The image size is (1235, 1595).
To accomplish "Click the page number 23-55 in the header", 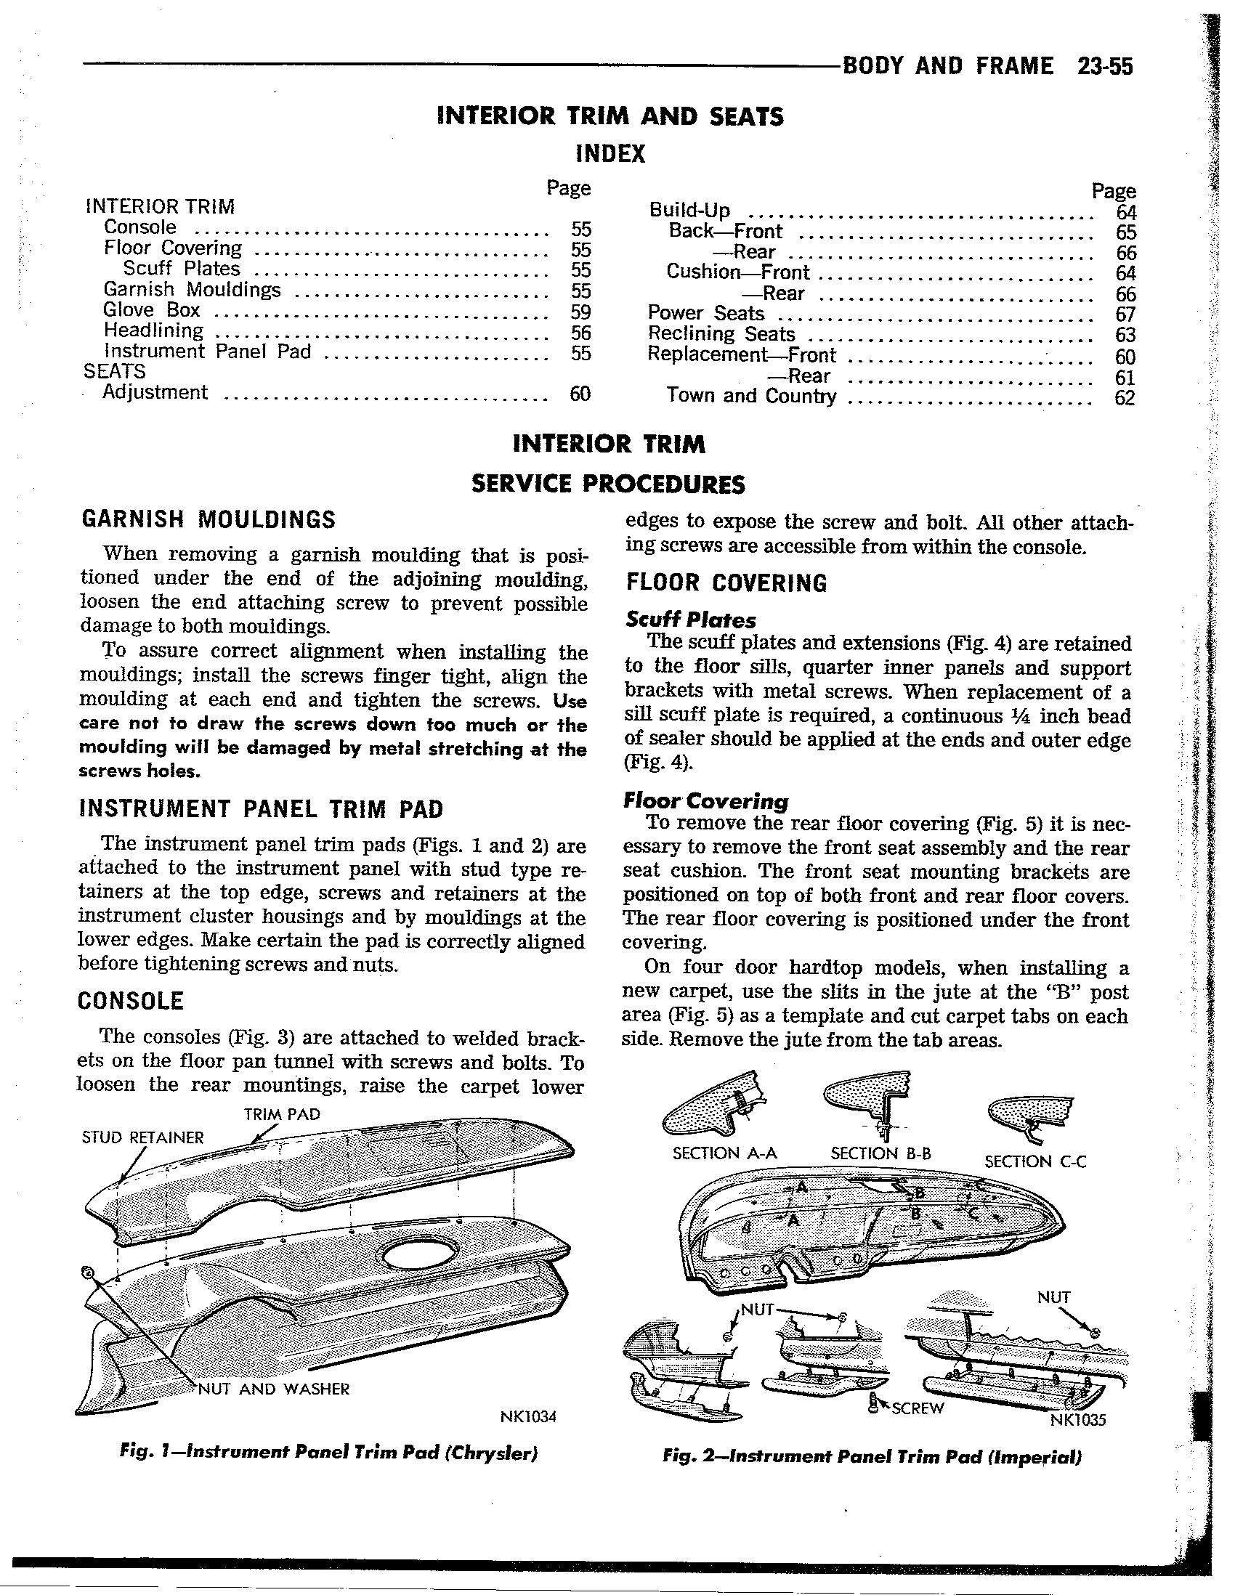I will coord(1104,67).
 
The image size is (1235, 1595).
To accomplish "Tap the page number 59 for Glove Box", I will coord(580,312).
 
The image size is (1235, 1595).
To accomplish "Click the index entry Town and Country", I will coord(751,396).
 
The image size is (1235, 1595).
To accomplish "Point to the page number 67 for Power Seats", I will coord(1125,314).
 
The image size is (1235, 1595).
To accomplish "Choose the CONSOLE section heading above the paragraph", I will coord(131,1001).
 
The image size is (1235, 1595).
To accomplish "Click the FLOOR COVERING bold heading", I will coord(726,583).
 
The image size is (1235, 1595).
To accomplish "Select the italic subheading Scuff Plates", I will coord(691,620).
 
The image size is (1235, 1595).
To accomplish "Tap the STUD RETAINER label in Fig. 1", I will coord(143,1137).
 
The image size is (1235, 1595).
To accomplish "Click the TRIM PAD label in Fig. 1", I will coord(282,1113).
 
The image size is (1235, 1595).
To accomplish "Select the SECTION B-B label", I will coord(880,1153).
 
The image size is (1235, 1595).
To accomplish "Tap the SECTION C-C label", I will coord(1035,1161).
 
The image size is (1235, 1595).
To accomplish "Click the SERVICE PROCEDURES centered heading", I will coord(609,484).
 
